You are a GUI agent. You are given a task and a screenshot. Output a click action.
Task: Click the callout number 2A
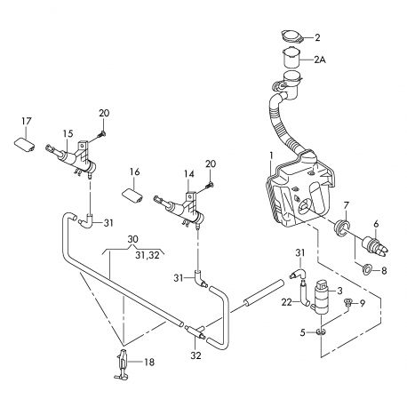point(320,60)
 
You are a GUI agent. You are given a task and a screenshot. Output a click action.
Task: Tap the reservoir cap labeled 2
point(291,37)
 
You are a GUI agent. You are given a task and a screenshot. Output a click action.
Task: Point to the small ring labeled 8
point(367,269)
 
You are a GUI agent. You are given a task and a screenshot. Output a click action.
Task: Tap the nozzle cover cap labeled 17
point(25,145)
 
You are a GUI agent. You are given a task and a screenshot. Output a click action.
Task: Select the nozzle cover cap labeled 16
point(132,196)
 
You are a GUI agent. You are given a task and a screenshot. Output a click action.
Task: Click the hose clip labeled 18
point(122,364)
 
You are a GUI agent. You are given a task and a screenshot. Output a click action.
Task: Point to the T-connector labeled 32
point(195,331)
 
